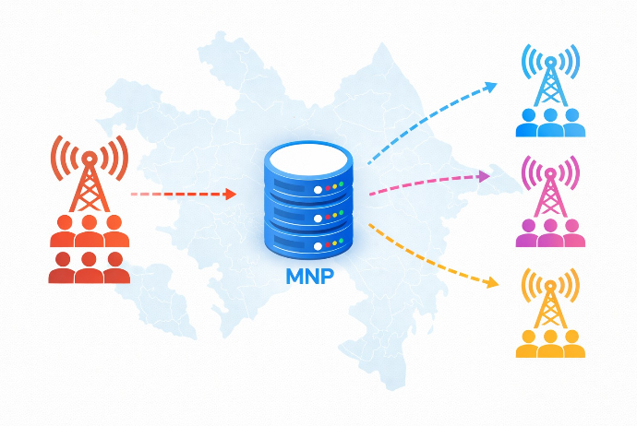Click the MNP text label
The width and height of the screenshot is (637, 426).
tap(309, 276)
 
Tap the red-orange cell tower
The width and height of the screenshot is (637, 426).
tap(90, 173)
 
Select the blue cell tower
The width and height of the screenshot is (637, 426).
tap(550, 76)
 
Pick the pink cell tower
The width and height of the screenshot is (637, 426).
tap(550, 186)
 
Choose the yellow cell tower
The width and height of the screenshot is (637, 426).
tap(550, 298)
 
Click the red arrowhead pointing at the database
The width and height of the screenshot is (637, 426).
tap(231, 194)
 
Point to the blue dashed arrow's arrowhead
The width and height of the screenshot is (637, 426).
tap(491, 87)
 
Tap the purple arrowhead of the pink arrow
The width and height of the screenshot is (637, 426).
tap(485, 176)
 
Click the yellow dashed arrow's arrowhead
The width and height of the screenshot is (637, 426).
tap(493, 282)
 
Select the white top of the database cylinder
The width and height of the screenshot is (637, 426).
tap(308, 160)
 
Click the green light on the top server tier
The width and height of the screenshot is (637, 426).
tap(342, 184)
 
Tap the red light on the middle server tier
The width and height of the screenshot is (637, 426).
tap(328, 217)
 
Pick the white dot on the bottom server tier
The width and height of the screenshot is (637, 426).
tap(318, 246)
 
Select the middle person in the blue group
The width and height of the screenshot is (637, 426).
tap(550, 123)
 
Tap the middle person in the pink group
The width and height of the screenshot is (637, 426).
tap(550, 233)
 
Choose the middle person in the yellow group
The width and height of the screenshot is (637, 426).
tap(550, 344)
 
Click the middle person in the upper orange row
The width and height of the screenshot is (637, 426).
tap(90, 231)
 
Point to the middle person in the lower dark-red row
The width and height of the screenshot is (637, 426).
tap(89, 267)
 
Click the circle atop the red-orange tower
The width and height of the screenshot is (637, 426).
tap(90, 157)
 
